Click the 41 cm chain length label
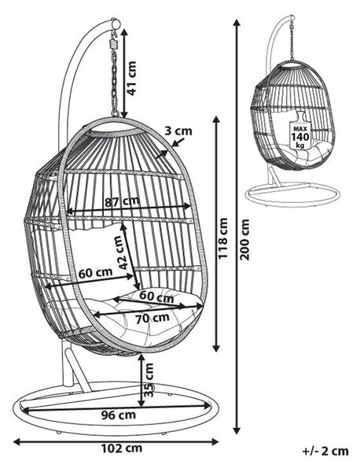pyautogui.click(x=132, y=78)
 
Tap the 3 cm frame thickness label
pyautogui.click(x=178, y=131)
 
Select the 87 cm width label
pyautogui.click(x=122, y=201)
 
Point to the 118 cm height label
pyautogui.click(x=223, y=238)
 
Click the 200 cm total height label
pyautogui.click(x=244, y=240)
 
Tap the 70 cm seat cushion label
pyautogui.click(x=152, y=318)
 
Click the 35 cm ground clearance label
pyautogui.click(x=149, y=380)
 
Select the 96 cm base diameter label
pyautogui.click(x=118, y=415)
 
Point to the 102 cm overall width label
pyautogui.click(x=121, y=448)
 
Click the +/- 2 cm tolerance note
pyautogui.click(x=325, y=452)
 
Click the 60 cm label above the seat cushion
pyautogui.click(x=156, y=297)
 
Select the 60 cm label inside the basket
pyautogui.click(x=95, y=273)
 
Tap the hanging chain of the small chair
pyautogui.click(x=292, y=39)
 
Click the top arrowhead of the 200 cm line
pyautogui.click(x=237, y=24)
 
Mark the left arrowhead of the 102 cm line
pyautogui.click(x=17, y=442)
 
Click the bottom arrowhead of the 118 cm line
pyautogui.click(x=216, y=348)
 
